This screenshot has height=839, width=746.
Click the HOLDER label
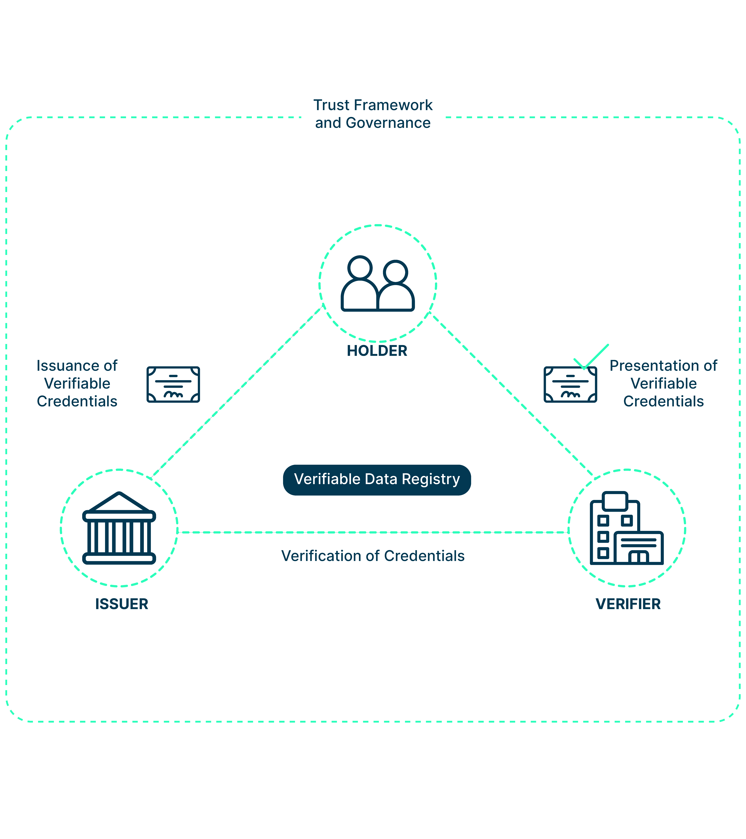click(377, 351)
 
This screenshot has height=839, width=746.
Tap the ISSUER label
click(122, 604)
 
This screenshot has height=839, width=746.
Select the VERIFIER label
click(628, 604)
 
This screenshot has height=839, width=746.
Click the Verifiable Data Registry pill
click(377, 480)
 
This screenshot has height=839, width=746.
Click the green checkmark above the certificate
click(591, 357)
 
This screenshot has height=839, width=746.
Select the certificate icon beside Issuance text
click(173, 385)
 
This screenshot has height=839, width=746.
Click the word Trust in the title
click(331, 105)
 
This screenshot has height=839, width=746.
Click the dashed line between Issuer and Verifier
click(373, 532)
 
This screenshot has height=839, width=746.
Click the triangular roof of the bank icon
click(119, 503)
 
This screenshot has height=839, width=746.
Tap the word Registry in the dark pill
click(431, 479)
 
